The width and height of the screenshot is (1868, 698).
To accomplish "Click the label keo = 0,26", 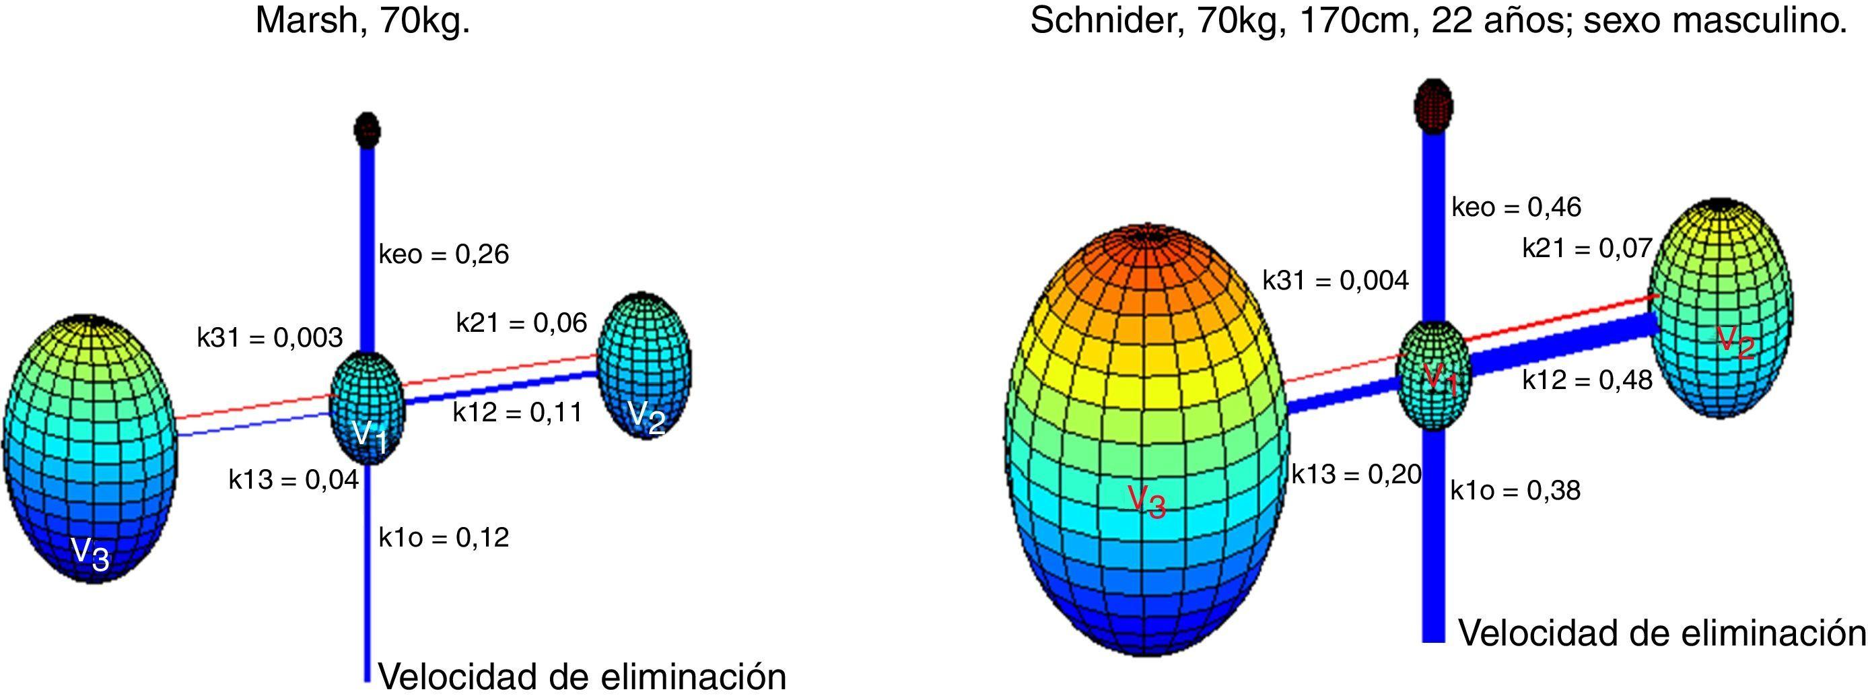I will pyautogui.click(x=444, y=254).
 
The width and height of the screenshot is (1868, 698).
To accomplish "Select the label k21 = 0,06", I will pyautogui.click(x=522, y=322).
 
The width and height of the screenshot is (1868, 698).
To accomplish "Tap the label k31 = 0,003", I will pyautogui.click(x=270, y=338).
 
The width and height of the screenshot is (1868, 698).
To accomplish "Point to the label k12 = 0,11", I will pyautogui.click(x=518, y=413).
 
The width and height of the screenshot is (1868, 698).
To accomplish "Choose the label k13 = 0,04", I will pyautogui.click(x=293, y=479).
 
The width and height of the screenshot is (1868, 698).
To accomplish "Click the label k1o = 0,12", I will pyautogui.click(x=444, y=537).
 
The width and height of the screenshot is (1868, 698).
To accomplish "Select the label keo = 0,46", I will pyautogui.click(x=1515, y=207).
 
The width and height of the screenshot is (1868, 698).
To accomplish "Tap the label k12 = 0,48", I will pyautogui.click(x=1587, y=380).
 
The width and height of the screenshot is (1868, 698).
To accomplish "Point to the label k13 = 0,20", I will pyautogui.click(x=1356, y=474).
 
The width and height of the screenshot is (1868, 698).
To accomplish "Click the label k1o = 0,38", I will pyautogui.click(x=1515, y=491).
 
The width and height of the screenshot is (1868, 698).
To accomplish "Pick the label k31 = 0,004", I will pyautogui.click(x=1335, y=280).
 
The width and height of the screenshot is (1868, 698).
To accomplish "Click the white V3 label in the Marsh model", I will pyautogui.click(x=91, y=555).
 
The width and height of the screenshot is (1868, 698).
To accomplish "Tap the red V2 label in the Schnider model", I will pyautogui.click(x=1735, y=342).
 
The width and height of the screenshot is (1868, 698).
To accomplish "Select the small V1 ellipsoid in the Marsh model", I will pyautogui.click(x=367, y=406).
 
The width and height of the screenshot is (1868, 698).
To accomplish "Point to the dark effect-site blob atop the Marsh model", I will pyautogui.click(x=367, y=129).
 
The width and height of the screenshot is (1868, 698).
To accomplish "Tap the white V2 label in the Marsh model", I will pyautogui.click(x=647, y=417).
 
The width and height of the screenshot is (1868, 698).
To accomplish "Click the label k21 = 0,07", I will pyautogui.click(x=1587, y=248).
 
